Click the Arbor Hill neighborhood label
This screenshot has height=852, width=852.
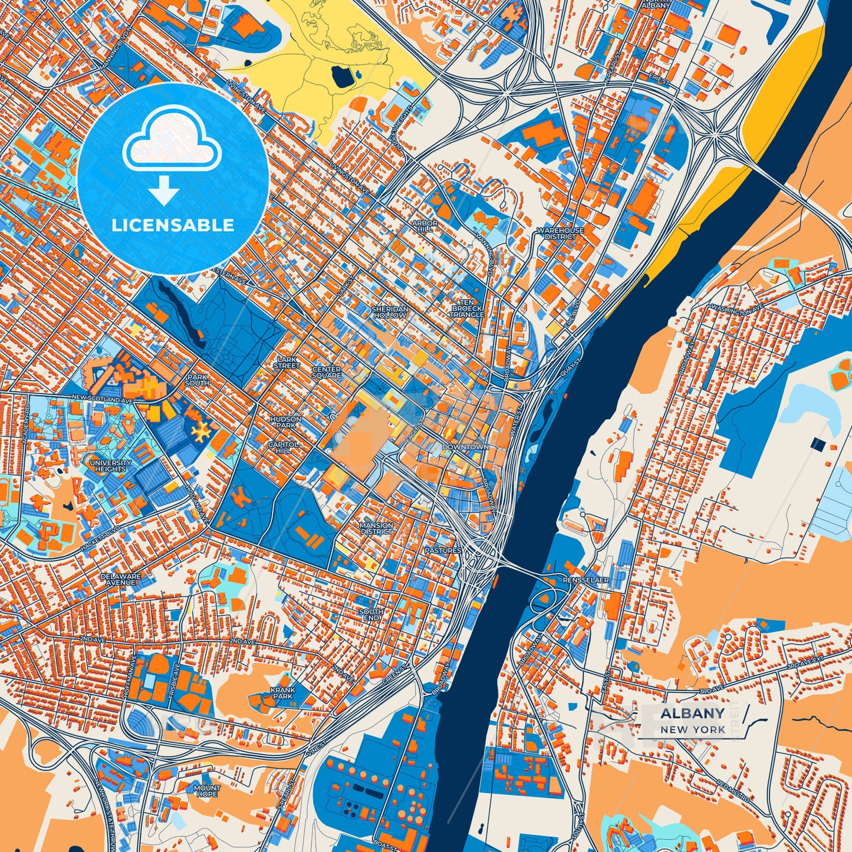tap(425, 226)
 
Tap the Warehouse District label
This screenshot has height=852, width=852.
tap(560, 233)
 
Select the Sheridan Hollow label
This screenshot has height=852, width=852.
tap(390, 312)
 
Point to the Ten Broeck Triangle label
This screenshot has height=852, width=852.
tap(467, 308)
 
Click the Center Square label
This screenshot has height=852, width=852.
tap(327, 372)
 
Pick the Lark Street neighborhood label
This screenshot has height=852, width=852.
tap(287, 363)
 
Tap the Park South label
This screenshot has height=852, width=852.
tap(197, 380)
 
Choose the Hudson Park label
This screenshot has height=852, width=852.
tap(285, 422)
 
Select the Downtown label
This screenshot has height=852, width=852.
tap(465, 447)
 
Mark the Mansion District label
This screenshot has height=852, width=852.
tap(376, 528)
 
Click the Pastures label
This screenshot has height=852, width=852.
tap(443, 550)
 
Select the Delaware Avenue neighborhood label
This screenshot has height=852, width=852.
tap(121, 579)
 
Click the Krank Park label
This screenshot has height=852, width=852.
tap(282, 692)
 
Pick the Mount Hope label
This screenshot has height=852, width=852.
tap(207, 791)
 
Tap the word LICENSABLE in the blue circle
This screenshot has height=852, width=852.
tap(173, 225)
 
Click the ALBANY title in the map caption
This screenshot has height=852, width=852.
tap(692, 713)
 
